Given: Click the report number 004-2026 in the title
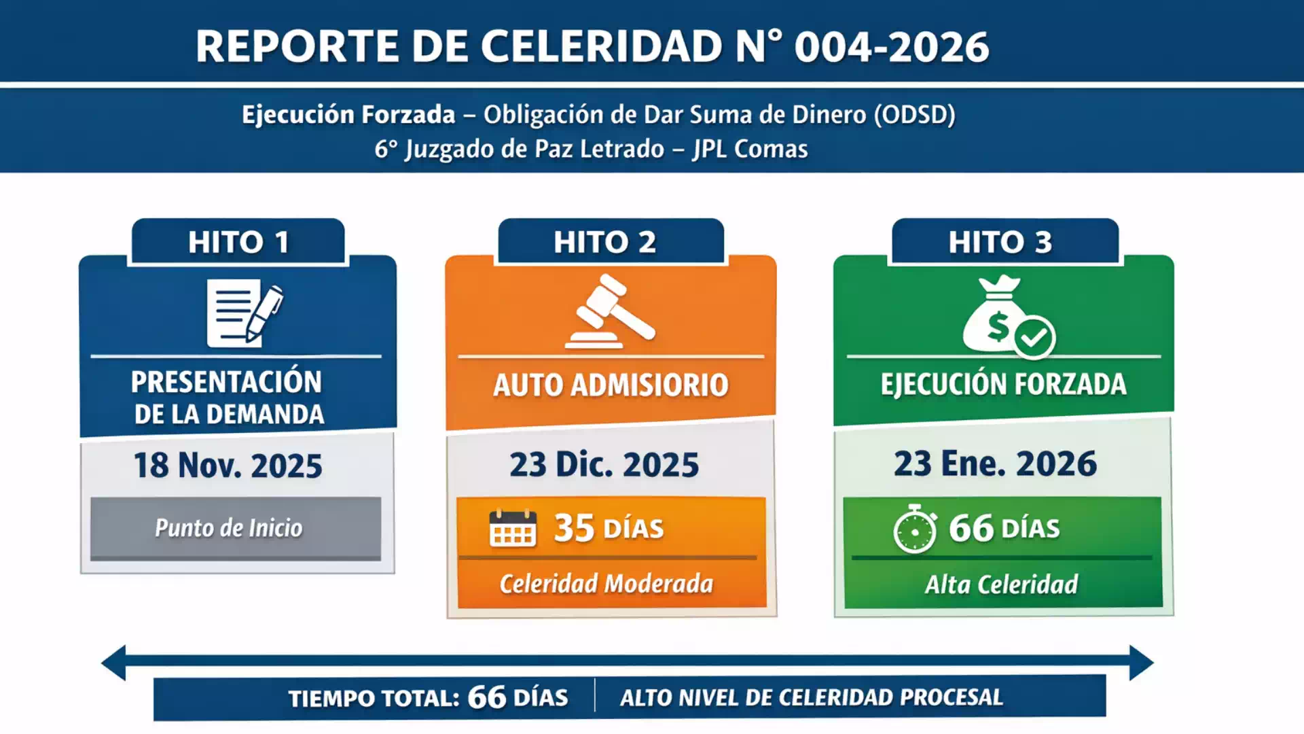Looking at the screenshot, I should tap(891, 47).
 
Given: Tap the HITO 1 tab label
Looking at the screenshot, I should tap(238, 242).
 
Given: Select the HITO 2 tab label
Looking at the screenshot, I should tap(604, 242).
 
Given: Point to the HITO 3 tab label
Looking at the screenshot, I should tap(1000, 242).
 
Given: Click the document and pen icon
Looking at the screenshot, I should tap(243, 313).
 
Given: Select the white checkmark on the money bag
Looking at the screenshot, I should tap(1034, 336).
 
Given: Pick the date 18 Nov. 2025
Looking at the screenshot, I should tap(228, 466).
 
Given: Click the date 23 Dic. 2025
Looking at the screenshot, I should tap(604, 465).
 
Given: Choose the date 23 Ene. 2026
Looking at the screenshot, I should tap(995, 464).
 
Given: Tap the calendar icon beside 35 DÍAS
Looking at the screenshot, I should tap(513, 529).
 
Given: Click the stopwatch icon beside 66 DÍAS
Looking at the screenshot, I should tap(914, 529).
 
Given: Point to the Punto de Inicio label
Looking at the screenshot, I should tap(228, 528).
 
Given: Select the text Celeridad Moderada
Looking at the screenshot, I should tap(606, 584).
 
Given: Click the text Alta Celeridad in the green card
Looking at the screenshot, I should tap(1001, 584).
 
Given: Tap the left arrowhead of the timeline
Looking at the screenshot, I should tap(114, 662).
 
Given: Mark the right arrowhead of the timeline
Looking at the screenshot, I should tap(1141, 662).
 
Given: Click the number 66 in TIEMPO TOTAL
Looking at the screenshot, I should tap(486, 697).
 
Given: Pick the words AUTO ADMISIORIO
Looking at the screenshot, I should tap(611, 385).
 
